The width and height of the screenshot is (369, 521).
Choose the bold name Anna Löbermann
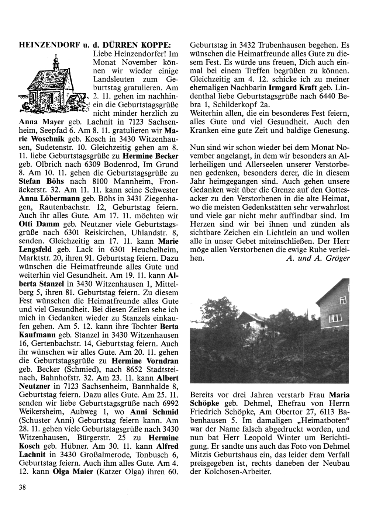click(49, 198)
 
